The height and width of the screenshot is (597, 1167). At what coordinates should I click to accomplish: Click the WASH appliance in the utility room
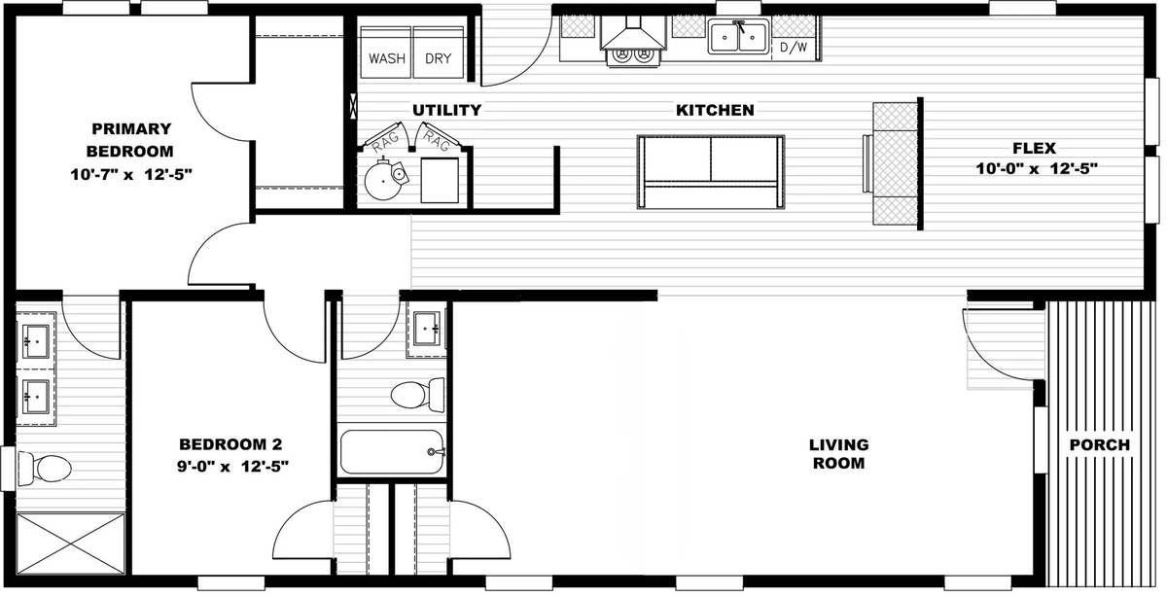coord(386,53)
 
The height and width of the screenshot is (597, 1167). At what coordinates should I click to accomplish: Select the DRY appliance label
coord(439,58)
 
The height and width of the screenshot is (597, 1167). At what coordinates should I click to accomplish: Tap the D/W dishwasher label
coord(794,48)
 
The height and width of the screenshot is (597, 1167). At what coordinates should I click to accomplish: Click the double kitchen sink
coord(739,37)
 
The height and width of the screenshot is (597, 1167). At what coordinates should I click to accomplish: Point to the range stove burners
coord(633,53)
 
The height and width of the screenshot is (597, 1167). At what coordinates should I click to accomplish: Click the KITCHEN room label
coord(715,110)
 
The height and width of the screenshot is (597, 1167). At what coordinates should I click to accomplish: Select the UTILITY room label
coord(447,110)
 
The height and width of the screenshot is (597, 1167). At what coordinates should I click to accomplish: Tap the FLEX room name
coord(1034,148)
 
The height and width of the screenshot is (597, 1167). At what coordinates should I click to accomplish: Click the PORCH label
coord(1100,445)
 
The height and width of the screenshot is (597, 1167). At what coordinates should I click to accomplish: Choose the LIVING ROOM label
coord(838,454)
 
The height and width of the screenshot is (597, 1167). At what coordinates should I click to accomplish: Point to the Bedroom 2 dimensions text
coord(232,467)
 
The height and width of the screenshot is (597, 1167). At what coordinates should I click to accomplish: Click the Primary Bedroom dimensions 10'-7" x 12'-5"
coord(131,174)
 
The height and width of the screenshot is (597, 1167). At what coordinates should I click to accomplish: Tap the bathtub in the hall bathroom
coord(391,452)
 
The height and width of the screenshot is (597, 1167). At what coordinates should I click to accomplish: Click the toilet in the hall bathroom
coord(418,395)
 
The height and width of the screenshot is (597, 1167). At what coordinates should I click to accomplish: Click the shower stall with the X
coord(71,544)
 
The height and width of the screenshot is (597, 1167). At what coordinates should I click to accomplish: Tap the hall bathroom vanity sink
coord(427,329)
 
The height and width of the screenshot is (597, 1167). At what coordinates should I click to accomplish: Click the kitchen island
coord(711,172)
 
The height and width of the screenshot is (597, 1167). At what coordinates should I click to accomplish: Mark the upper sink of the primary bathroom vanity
coord(37,341)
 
